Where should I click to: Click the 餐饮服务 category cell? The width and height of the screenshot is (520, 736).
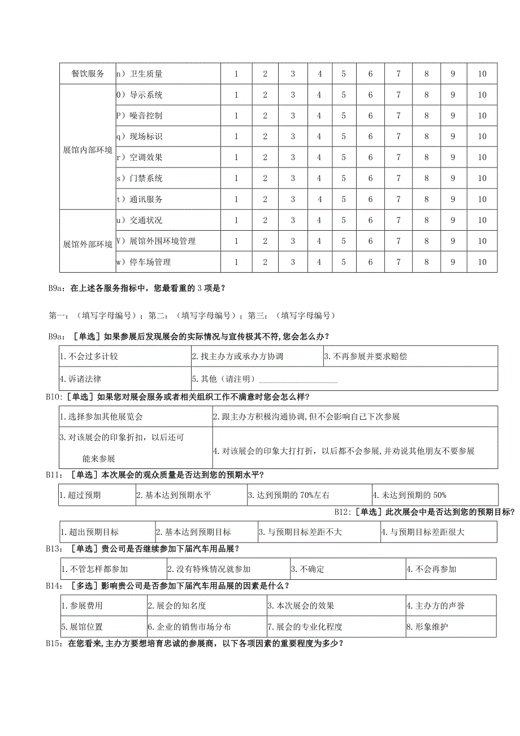click(x=88, y=74)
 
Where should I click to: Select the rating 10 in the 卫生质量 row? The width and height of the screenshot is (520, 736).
click(x=482, y=74)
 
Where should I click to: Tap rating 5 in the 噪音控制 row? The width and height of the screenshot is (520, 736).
click(x=343, y=115)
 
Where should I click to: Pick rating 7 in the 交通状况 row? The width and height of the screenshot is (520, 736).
click(x=398, y=220)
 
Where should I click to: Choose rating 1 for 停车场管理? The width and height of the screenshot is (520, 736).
click(x=236, y=262)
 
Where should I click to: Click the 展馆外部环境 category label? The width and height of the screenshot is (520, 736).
click(x=88, y=245)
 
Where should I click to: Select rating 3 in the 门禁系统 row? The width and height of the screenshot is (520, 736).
click(x=293, y=178)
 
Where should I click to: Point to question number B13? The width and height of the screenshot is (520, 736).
click(x=54, y=549)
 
